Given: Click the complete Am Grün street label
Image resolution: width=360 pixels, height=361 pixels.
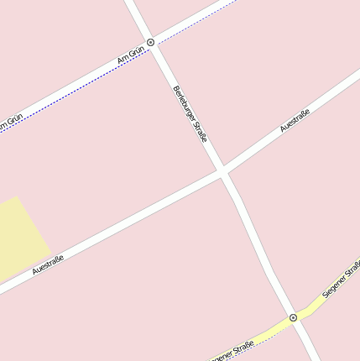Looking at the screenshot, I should [131, 56].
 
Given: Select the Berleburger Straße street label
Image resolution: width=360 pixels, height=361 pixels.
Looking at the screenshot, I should [190, 112].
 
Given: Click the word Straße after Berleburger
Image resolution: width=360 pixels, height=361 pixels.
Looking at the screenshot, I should [200, 130].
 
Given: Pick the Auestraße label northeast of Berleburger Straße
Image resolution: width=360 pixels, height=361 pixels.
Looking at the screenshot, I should [295, 120].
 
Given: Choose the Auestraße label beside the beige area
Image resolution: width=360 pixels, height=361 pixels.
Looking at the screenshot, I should [48, 264].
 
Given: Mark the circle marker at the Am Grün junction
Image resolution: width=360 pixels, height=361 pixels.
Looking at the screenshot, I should [150, 41].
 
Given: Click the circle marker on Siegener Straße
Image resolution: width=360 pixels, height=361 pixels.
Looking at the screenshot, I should [293, 317].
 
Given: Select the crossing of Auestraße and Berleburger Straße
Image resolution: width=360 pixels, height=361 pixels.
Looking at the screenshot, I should [223, 172].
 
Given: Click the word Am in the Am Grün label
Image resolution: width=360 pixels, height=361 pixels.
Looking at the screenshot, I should [123, 61].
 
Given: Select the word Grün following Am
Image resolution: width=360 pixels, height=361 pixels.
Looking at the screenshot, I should [136, 53].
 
